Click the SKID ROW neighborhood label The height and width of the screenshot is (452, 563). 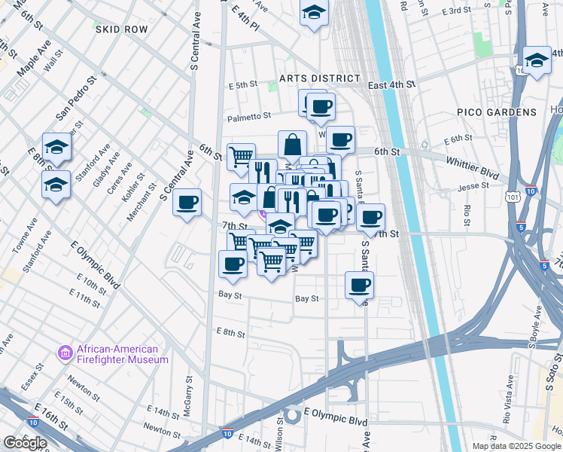point(121,29)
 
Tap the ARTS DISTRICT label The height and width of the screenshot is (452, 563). point(319,78)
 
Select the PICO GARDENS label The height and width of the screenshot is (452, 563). point(497,112)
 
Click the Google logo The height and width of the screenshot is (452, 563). point(24,443)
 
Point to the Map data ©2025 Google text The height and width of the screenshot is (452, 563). point(516,446)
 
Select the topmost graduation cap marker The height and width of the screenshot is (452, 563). point(314,13)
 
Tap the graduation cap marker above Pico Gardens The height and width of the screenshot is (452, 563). point(536,61)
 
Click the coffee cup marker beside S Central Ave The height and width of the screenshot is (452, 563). point(187,202)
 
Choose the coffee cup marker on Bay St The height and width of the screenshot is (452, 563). point(359,285)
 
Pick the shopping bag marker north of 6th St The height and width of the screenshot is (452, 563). point(292,144)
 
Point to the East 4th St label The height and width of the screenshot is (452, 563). point(391,86)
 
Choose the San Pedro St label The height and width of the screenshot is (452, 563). point(77,98)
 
